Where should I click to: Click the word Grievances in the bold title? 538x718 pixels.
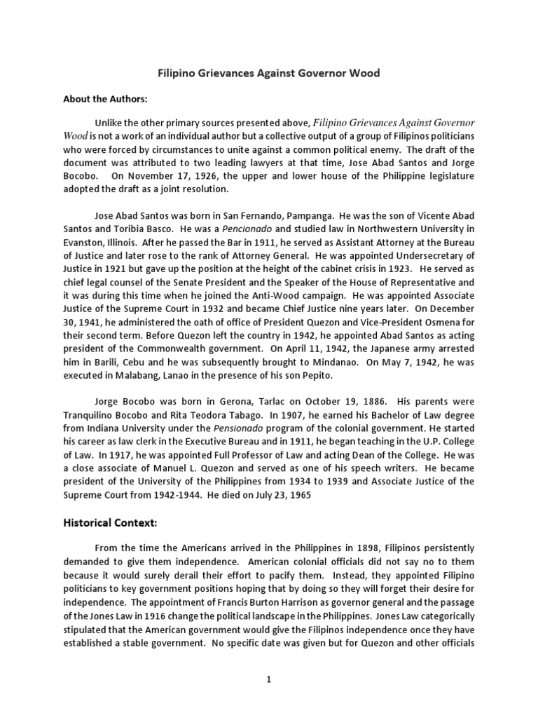point(237,73)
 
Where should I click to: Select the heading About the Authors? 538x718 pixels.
point(106,99)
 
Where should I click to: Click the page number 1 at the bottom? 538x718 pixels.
point(268,679)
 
